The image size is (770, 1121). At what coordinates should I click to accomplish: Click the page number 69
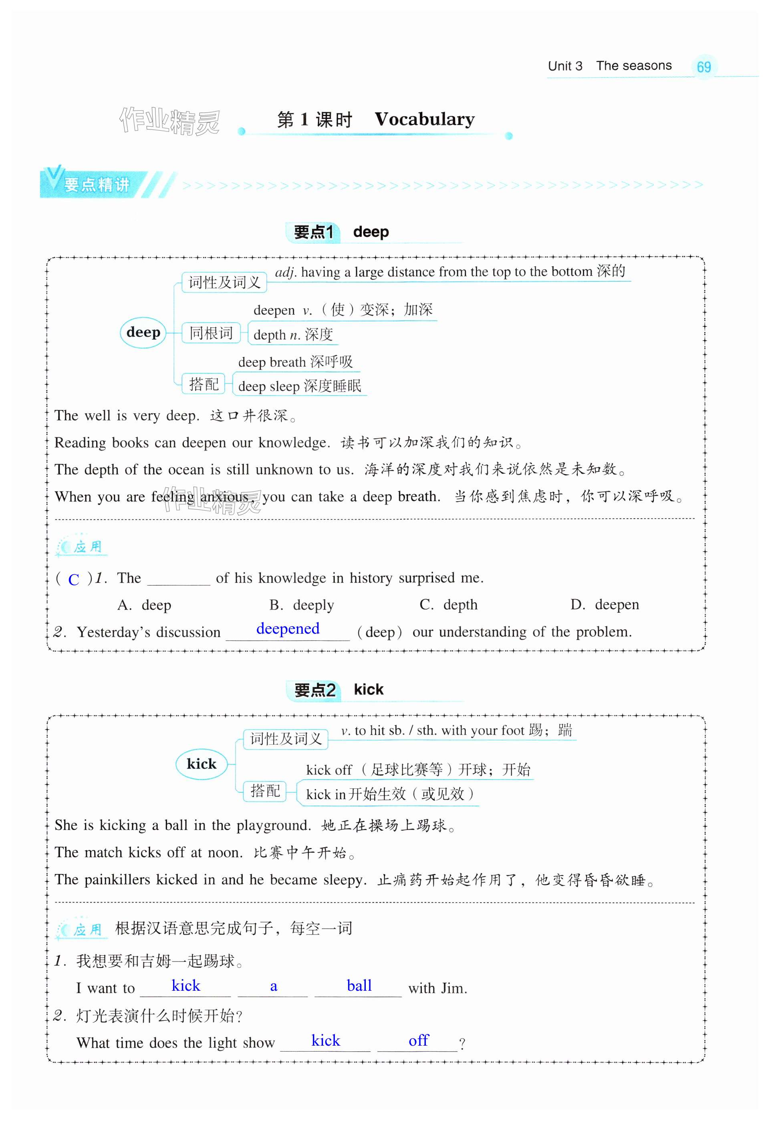[703, 67]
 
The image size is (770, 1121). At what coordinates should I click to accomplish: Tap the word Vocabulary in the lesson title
[425, 119]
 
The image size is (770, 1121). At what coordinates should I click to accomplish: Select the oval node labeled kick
[201, 764]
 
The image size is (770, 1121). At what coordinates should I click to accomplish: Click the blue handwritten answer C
[73, 579]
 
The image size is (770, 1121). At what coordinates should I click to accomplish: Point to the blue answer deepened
[288, 629]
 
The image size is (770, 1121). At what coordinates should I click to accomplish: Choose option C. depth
[449, 605]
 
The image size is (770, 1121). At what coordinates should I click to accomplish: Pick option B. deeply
[302, 605]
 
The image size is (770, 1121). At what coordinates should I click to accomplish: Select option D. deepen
[605, 605]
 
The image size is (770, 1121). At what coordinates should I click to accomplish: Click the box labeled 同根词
[211, 333]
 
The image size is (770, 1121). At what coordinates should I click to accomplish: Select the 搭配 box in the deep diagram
[204, 384]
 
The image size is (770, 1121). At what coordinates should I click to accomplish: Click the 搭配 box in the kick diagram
[265, 791]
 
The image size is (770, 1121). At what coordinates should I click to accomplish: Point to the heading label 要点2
[314, 690]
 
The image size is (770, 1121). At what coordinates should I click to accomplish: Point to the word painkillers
[117, 880]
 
